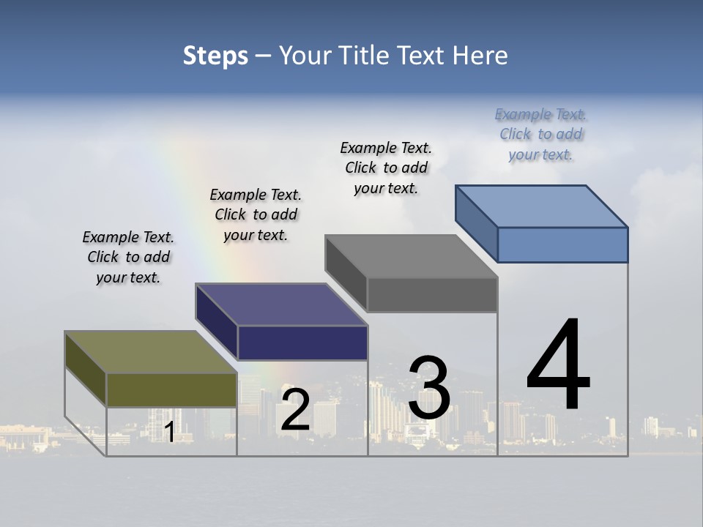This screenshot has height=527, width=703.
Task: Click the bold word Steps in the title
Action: pyautogui.click(x=215, y=56)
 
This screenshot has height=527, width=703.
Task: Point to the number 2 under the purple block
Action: pyautogui.click(x=295, y=410)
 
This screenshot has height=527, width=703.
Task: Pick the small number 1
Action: pyautogui.click(x=169, y=432)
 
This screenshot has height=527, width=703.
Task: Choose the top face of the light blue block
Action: pyautogui.click(x=542, y=206)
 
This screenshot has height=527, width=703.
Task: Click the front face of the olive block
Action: pyautogui.click(x=171, y=389)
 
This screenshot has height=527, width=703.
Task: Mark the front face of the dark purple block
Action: pyautogui.click(x=302, y=343)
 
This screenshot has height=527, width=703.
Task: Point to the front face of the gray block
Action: pyautogui.click(x=432, y=295)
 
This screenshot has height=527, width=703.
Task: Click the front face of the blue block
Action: pyautogui.click(x=562, y=244)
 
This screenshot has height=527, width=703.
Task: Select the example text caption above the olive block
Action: pyautogui.click(x=128, y=257)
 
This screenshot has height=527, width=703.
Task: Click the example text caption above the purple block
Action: pyautogui.click(x=256, y=214)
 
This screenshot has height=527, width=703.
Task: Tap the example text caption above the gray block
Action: pyautogui.click(x=386, y=168)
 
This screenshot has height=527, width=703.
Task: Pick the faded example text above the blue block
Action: pyautogui.click(x=540, y=134)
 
